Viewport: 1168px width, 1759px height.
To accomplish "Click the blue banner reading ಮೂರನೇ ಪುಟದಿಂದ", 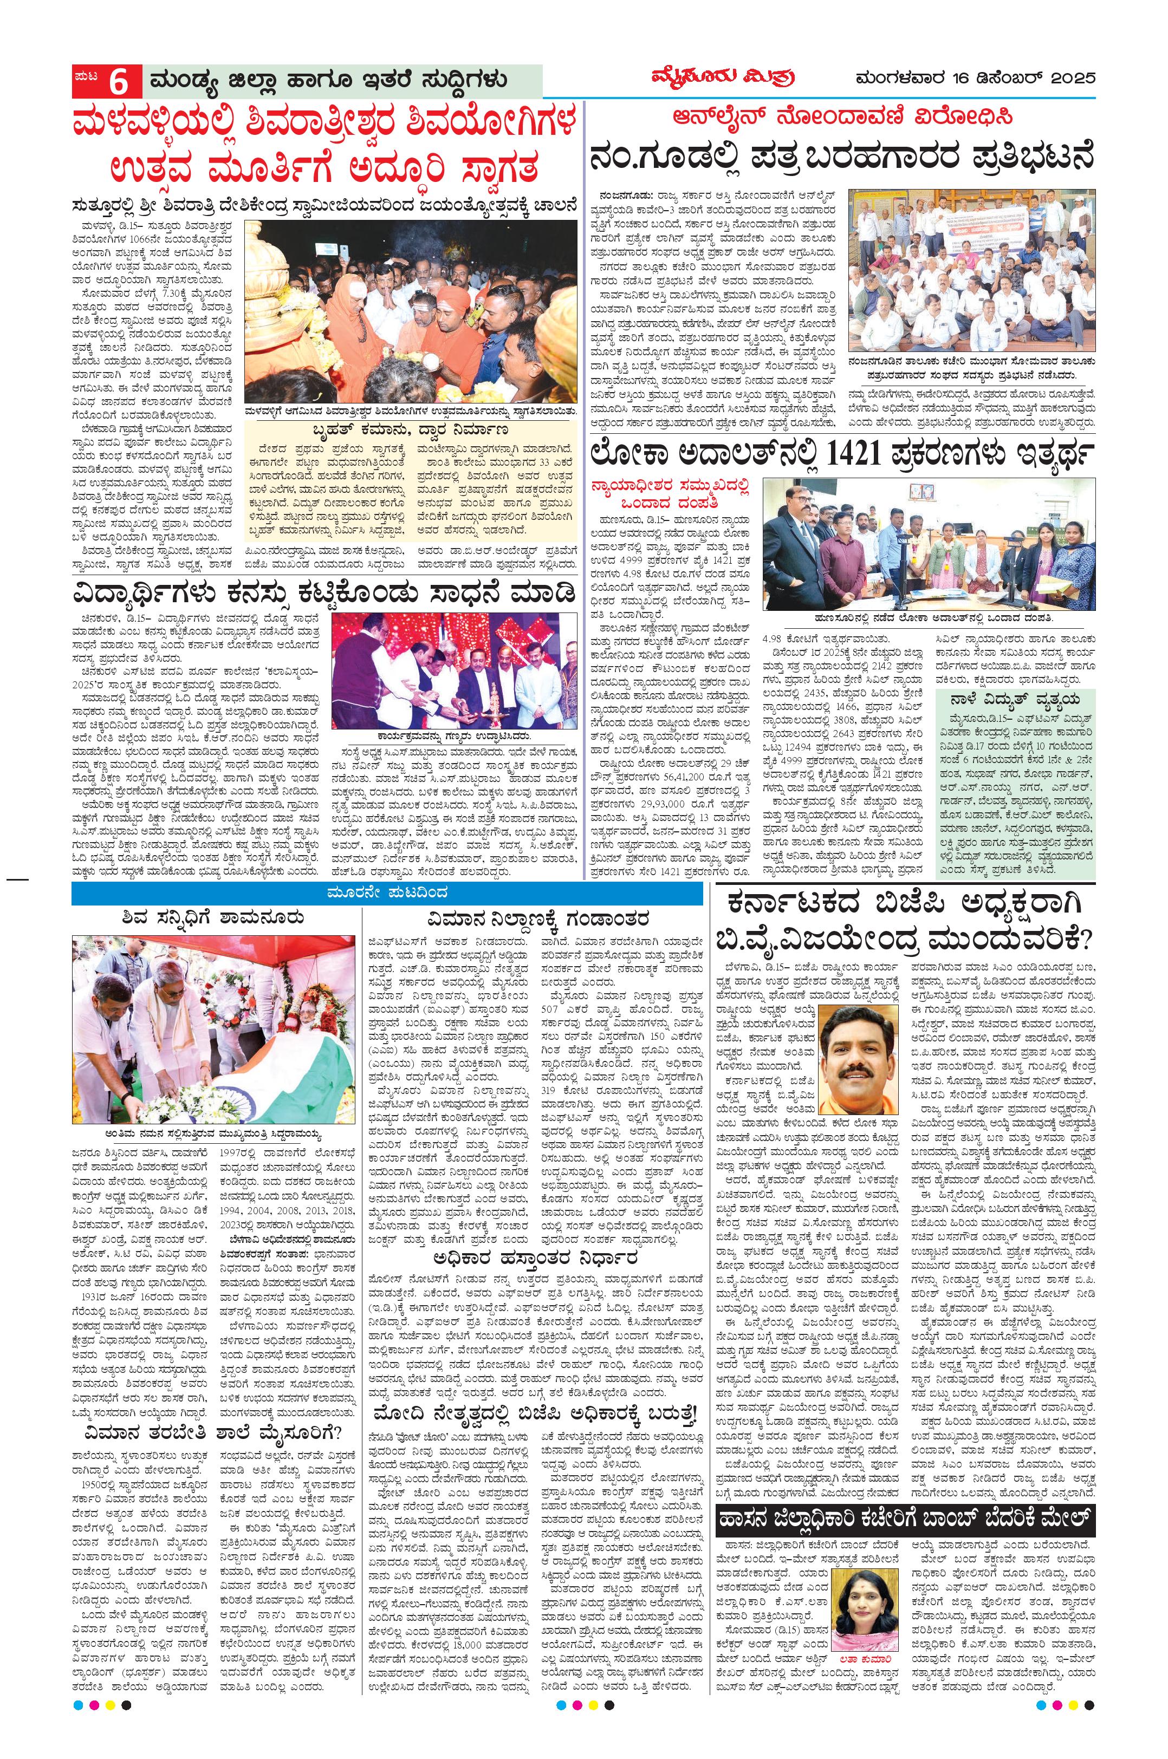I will (x=387, y=893).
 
